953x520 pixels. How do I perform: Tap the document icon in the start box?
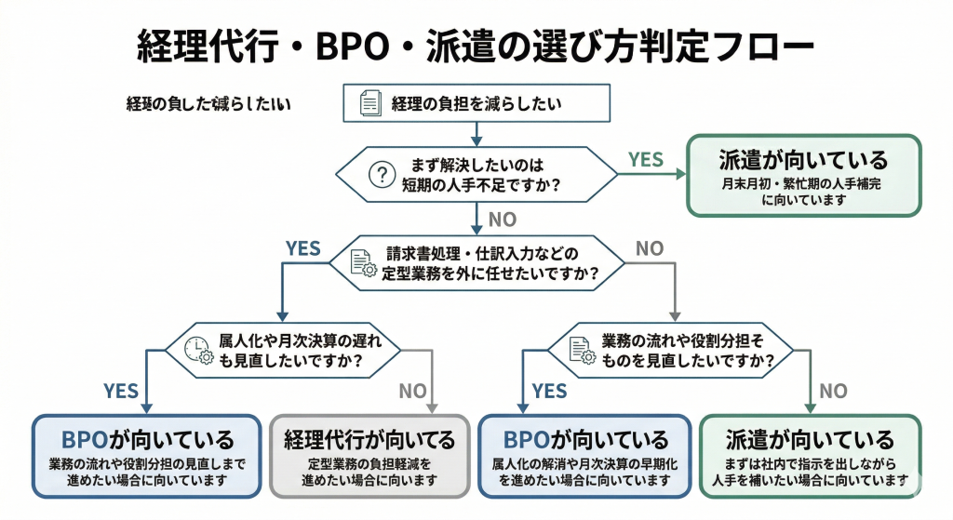tap(371, 103)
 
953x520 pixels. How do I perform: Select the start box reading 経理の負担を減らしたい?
tap(476, 103)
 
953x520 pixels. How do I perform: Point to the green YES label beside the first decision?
tap(646, 159)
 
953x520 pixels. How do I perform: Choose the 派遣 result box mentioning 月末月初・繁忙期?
tap(803, 176)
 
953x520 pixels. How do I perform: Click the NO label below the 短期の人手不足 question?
tap(502, 220)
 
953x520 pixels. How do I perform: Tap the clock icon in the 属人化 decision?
tap(196, 348)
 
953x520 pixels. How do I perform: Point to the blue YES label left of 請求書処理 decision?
tap(302, 248)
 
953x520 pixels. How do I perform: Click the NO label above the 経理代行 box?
tap(412, 391)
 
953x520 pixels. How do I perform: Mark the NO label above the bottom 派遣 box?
tap(833, 391)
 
